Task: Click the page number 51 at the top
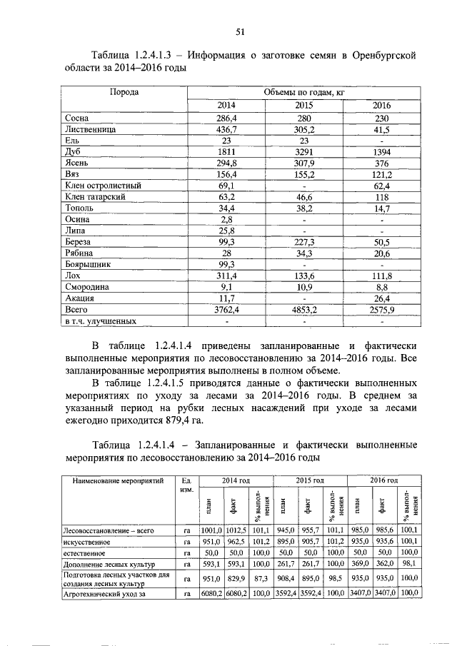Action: pos(241,30)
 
